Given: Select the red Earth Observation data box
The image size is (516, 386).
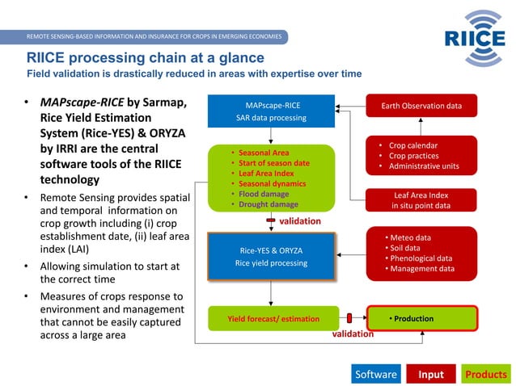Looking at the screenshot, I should pyautogui.click(x=421, y=106).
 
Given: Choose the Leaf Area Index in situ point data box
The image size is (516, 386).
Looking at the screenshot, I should pyautogui.click(x=421, y=200).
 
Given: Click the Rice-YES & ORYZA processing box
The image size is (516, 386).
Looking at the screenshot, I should pyautogui.click(x=271, y=256).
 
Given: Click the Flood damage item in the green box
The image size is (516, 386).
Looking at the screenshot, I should pyautogui.click(x=263, y=194).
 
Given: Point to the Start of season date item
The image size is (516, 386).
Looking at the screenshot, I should pyautogui.click(x=273, y=162).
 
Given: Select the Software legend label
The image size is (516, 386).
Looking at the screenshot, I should pyautogui.click(x=376, y=374).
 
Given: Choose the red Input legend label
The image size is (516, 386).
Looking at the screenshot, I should pyautogui.click(x=430, y=374).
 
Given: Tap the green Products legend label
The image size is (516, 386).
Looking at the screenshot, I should pyautogui.click(x=486, y=374).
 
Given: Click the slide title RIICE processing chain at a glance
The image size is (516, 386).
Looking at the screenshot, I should pyautogui.click(x=146, y=58).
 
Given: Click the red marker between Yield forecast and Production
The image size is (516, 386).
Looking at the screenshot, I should pyautogui.click(x=349, y=318).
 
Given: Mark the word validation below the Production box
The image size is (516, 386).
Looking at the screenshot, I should pyautogui.click(x=353, y=333).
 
